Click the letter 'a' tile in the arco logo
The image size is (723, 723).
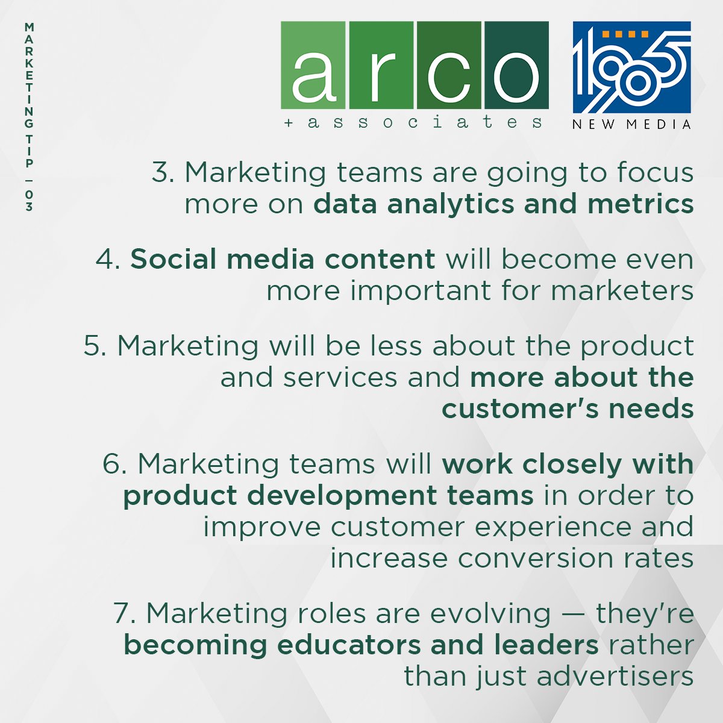point(313,65)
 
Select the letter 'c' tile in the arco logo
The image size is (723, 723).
point(448,65)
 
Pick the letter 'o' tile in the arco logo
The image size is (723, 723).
point(516,65)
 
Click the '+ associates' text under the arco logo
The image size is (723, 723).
point(414,122)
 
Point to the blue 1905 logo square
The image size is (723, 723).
point(631,67)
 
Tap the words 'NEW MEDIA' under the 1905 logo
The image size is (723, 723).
point(631,125)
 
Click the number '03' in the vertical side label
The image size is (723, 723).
point(29,201)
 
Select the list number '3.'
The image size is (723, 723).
point(163,173)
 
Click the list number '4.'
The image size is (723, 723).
point(108,260)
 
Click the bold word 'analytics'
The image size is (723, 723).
point(451,205)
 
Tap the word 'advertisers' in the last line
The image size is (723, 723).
point(615,677)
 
